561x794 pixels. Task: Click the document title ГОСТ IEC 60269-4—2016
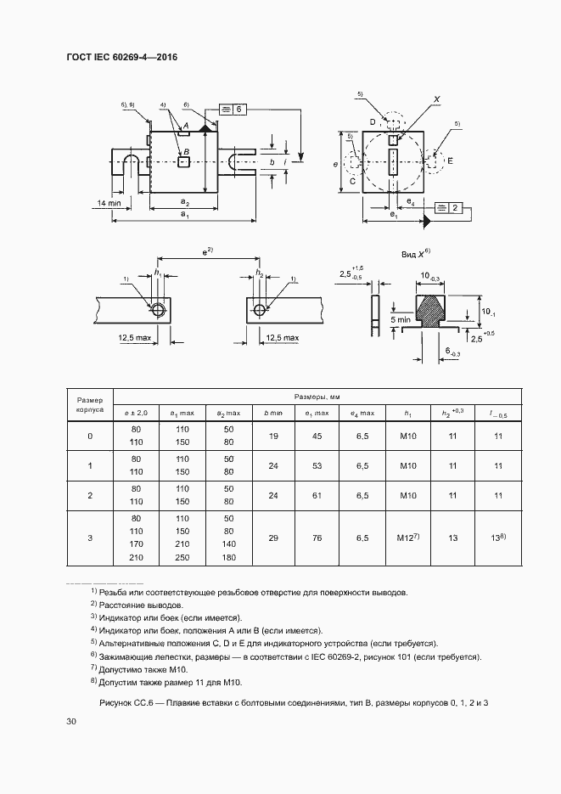(121, 58)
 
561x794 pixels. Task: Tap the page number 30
(71, 721)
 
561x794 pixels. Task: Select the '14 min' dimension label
(109, 203)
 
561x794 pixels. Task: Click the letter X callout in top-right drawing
(437, 99)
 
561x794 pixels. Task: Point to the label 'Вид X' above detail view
(416, 254)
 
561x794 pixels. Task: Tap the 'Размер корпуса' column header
(90, 404)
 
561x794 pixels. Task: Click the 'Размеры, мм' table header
(317, 397)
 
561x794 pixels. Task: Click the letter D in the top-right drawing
(373, 122)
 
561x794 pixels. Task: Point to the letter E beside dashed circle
(450, 160)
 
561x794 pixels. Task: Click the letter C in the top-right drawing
(352, 180)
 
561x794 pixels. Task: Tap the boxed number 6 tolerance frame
(233, 110)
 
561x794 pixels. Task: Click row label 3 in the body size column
(90, 538)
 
